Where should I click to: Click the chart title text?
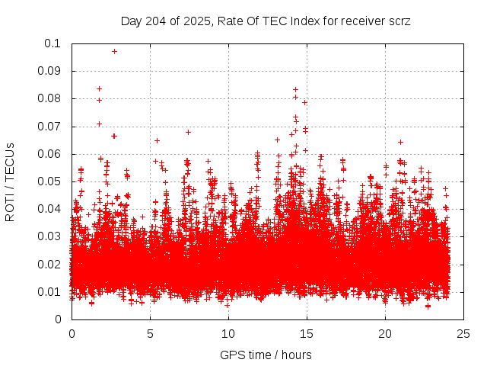pyautogui.click(x=266, y=21)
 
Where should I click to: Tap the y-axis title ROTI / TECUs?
pyautogui.click(x=10, y=181)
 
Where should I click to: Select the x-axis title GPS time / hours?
pyautogui.click(x=266, y=355)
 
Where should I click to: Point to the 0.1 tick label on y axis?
pyautogui.click(x=53, y=43)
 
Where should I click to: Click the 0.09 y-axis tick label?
pyautogui.click(x=50, y=71)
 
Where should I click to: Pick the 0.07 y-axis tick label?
pyautogui.click(x=50, y=127)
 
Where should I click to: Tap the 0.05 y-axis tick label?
pyautogui.click(x=50, y=181)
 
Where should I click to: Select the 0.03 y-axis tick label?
pyautogui.click(x=50, y=236)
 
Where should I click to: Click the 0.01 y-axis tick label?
pyautogui.click(x=50, y=292)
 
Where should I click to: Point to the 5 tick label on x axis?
pyautogui.click(x=150, y=333)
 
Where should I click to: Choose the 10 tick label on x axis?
pyautogui.click(x=228, y=333)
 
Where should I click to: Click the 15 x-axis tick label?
pyautogui.click(x=307, y=333)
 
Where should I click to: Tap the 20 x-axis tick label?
pyautogui.click(x=385, y=333)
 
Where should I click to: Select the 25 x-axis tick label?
pyautogui.click(x=463, y=333)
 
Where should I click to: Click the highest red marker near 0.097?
pyautogui.click(x=114, y=51)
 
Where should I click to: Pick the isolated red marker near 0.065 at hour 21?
pyautogui.click(x=400, y=142)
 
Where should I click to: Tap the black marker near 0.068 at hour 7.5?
pyautogui.click(x=188, y=132)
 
